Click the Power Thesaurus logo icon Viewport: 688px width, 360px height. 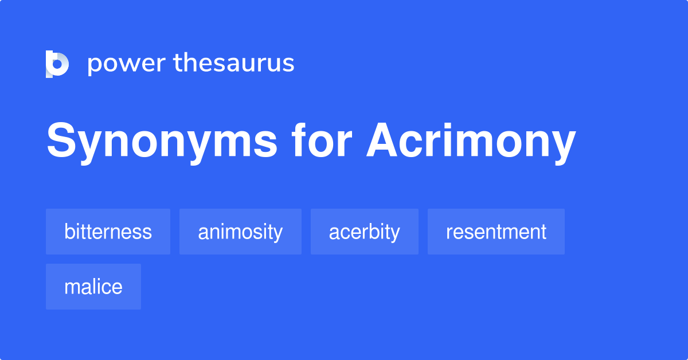[x=57, y=64]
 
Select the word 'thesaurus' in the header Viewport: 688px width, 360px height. [x=234, y=63]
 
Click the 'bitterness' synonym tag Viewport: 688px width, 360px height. [x=108, y=232]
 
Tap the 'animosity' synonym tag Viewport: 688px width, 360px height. [x=240, y=232]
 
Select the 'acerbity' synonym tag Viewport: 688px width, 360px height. [x=364, y=232]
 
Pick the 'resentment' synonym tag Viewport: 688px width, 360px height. [x=496, y=232]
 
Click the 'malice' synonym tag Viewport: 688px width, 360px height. [x=93, y=287]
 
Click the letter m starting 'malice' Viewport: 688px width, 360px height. [x=72, y=287]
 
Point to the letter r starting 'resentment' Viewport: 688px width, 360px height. [x=449, y=233]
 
